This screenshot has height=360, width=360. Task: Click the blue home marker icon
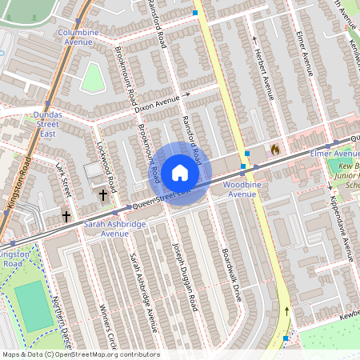(x=180, y=173)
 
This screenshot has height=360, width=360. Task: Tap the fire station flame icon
(x=274, y=150)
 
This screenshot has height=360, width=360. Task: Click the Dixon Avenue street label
(x=157, y=102)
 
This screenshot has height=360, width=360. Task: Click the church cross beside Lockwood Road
(x=102, y=194)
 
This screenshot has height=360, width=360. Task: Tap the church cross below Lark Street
(x=66, y=215)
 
